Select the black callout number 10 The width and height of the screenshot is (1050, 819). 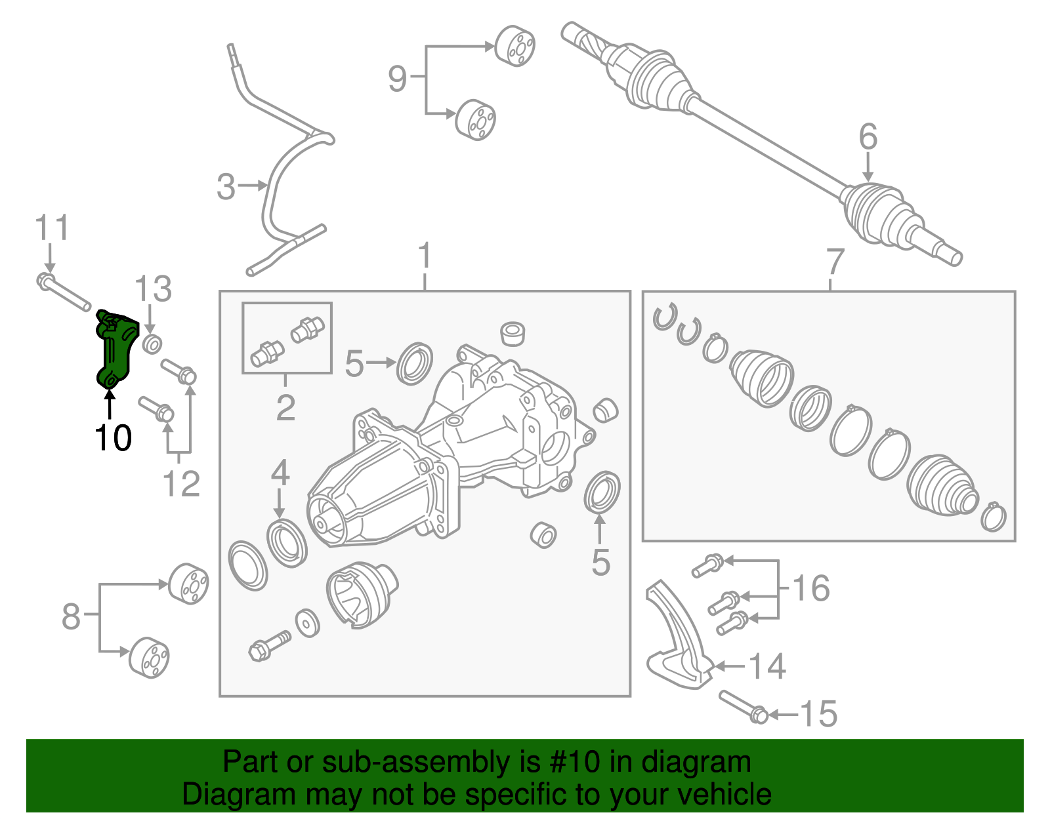113,437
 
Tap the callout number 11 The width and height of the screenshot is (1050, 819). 51,228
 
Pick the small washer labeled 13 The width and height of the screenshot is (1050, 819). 152,344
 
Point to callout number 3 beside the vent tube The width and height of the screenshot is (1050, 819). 226,187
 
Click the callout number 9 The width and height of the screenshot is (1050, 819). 398,79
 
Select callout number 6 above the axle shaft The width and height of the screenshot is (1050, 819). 868,137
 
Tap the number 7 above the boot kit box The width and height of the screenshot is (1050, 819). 834,262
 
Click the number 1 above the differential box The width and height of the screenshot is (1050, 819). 425,256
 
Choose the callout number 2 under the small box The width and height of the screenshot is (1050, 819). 285,408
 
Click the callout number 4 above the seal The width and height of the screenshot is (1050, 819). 280,473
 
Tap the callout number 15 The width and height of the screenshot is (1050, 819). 819,714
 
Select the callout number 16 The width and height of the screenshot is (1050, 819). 811,588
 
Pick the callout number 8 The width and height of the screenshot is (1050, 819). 71,616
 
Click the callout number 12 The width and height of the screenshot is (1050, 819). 180,485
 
